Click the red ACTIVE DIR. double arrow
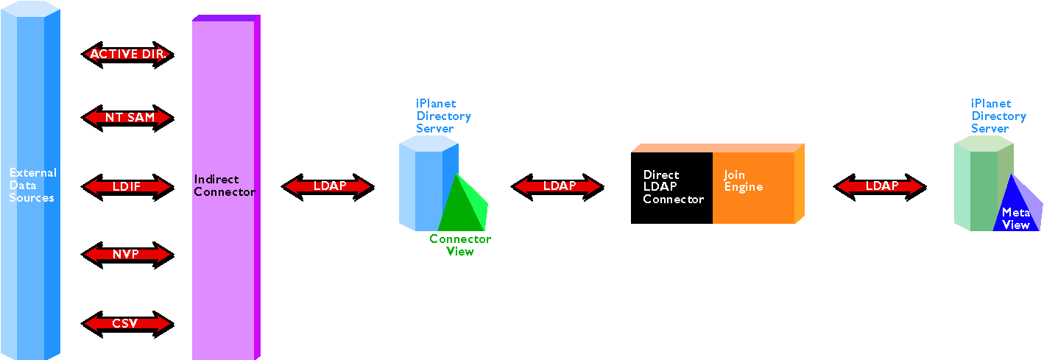click(127, 54)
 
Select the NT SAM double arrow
click(127, 118)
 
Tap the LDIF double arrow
click(127, 187)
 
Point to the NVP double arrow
click(127, 255)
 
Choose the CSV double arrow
click(127, 324)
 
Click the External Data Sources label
click(32, 185)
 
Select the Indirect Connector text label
click(225, 186)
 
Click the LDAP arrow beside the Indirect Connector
click(328, 187)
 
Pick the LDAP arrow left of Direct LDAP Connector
click(557, 187)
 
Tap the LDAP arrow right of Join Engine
click(880, 187)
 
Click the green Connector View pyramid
click(463, 202)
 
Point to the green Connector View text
click(460, 245)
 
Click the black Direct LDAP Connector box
click(671, 188)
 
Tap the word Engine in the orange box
click(744, 188)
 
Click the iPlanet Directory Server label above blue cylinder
click(443, 116)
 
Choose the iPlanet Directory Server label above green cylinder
click(998, 116)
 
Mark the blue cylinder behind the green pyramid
click(428, 183)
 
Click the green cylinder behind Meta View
click(984, 183)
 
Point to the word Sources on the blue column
click(32, 198)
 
